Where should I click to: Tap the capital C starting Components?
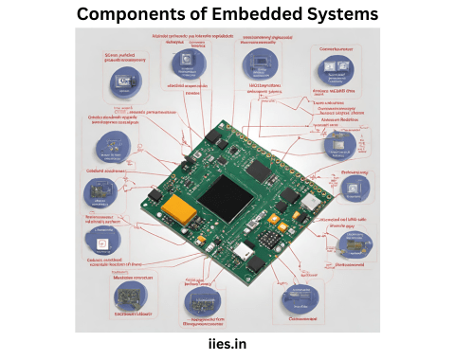coord(83,15)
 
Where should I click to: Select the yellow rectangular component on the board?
coord(176,207)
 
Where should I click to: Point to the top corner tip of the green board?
coord(225,120)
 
